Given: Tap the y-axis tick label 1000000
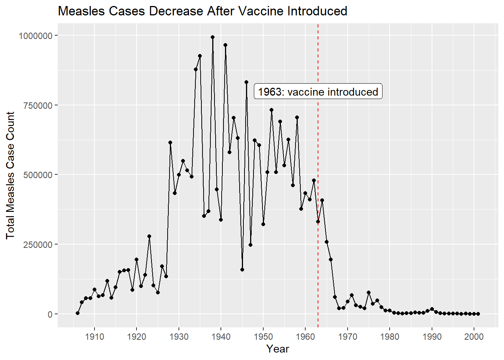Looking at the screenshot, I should coord(35,36).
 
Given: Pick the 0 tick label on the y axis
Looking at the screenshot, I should coord(50,314).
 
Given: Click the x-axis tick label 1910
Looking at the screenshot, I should coord(94,337).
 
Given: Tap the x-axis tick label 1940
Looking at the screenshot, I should coord(221,337).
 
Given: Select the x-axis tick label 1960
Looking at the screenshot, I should coord(305,337).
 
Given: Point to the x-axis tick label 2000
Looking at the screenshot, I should coord(474,337).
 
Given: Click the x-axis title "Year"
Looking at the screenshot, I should coord(277,349).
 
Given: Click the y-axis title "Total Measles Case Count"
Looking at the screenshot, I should coord(10,175).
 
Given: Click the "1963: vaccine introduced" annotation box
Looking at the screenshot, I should coord(318,92).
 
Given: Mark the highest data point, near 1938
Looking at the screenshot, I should coord(213,37).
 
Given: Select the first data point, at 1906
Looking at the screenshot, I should coord(78,313).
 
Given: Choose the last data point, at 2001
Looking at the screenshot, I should coord(478,314).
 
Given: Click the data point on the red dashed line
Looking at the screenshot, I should coord(318,222).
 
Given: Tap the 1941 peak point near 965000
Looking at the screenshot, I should coord(225,45).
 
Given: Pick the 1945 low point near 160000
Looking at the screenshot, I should coord(242,270).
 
